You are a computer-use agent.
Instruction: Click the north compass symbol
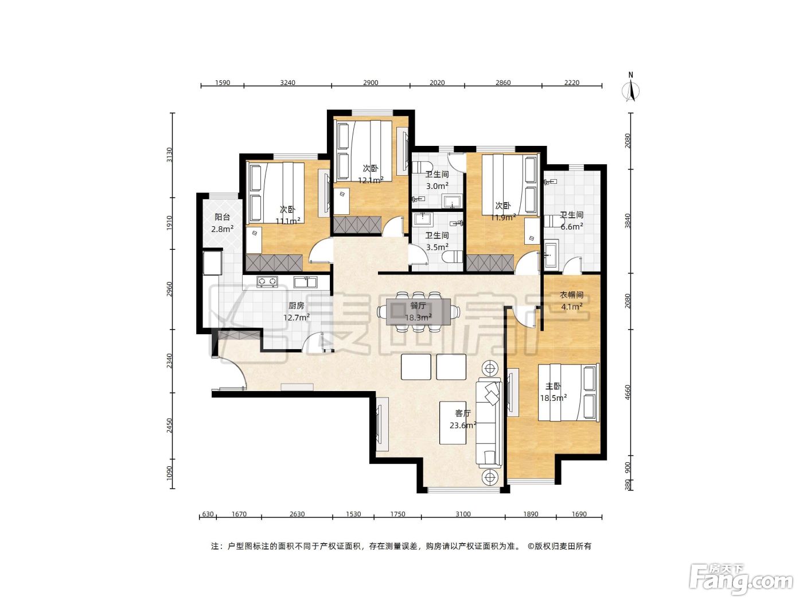coord(630,87)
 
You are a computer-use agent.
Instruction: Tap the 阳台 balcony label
coord(223,217)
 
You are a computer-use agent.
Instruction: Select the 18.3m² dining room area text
coord(418,318)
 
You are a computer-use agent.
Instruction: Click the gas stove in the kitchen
coord(267,281)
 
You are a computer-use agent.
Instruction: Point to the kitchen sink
coord(305,282)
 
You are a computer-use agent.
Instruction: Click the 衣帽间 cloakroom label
coord(572,295)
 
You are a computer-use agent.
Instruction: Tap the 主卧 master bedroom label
coord(553,386)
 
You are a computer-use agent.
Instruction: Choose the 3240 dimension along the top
coord(287,82)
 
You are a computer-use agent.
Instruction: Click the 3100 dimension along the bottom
coord(463,514)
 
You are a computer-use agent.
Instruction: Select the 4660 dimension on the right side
coord(627,392)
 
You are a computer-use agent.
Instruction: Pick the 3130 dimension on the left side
coord(169,155)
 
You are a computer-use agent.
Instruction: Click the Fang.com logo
coord(741,581)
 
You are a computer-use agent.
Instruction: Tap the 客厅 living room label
coord(463,413)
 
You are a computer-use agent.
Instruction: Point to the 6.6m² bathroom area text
coord(572,227)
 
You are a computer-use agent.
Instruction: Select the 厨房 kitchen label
coord(297,306)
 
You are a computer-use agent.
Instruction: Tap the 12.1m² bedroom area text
coord(371,180)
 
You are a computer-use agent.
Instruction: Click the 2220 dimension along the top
coord(572,82)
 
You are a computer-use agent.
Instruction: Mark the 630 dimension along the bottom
coord(208,514)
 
